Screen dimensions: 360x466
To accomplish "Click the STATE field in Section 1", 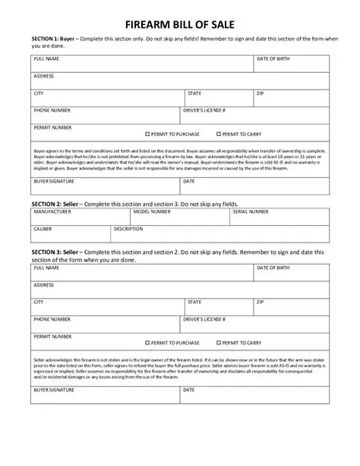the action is point(217,97).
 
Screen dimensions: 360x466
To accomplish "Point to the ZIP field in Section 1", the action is point(292,97).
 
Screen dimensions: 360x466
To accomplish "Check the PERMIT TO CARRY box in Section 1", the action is point(219,133).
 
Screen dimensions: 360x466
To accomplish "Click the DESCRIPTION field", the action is point(220,233).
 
